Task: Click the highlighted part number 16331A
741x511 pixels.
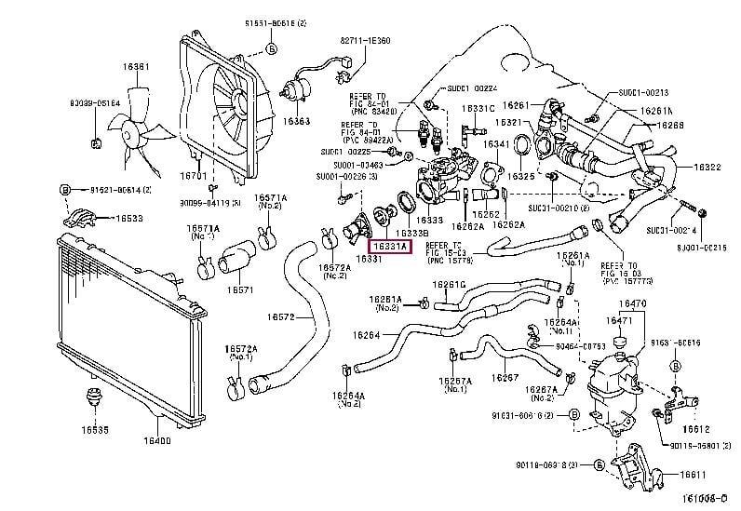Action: tap(390, 246)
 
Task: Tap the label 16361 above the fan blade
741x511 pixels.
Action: tap(137, 66)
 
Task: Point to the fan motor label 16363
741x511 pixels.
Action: tap(297, 121)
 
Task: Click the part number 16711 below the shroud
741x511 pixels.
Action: tap(193, 175)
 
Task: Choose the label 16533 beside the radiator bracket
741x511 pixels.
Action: tap(128, 219)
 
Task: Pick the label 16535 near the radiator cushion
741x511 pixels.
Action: tap(93, 430)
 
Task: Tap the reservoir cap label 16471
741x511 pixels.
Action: tap(620, 320)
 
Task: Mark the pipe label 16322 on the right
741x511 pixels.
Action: tap(707, 168)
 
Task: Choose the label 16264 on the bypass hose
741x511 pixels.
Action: tap(366, 334)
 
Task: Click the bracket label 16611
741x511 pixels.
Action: tap(693, 474)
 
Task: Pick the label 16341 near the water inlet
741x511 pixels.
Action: tap(496, 144)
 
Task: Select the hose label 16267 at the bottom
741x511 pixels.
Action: tap(506, 377)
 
